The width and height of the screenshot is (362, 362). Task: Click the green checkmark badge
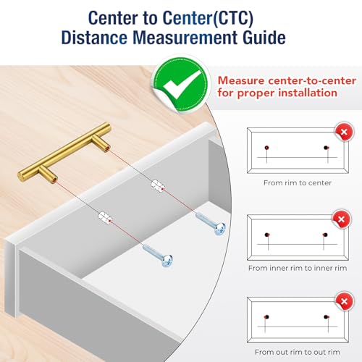click(180, 84)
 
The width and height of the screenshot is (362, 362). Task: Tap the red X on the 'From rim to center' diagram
click(344, 132)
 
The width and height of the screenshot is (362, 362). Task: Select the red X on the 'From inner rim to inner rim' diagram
click(341, 219)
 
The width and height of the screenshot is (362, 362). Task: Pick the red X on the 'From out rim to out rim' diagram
click(344, 301)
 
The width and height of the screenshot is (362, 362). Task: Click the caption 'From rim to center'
click(298, 182)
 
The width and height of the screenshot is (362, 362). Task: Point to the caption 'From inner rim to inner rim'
click(298, 268)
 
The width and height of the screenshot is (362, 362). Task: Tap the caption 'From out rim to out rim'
click(298, 352)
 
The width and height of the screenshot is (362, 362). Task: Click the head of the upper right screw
click(220, 229)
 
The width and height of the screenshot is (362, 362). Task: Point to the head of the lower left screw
click(167, 261)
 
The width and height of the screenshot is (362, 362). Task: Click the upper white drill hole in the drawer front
click(158, 185)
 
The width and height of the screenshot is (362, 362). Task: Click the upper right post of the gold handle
click(101, 143)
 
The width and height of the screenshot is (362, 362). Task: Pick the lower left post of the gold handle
click(49, 174)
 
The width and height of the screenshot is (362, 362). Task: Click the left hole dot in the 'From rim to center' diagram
click(266, 148)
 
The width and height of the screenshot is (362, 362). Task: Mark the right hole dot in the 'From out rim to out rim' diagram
click(326, 317)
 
